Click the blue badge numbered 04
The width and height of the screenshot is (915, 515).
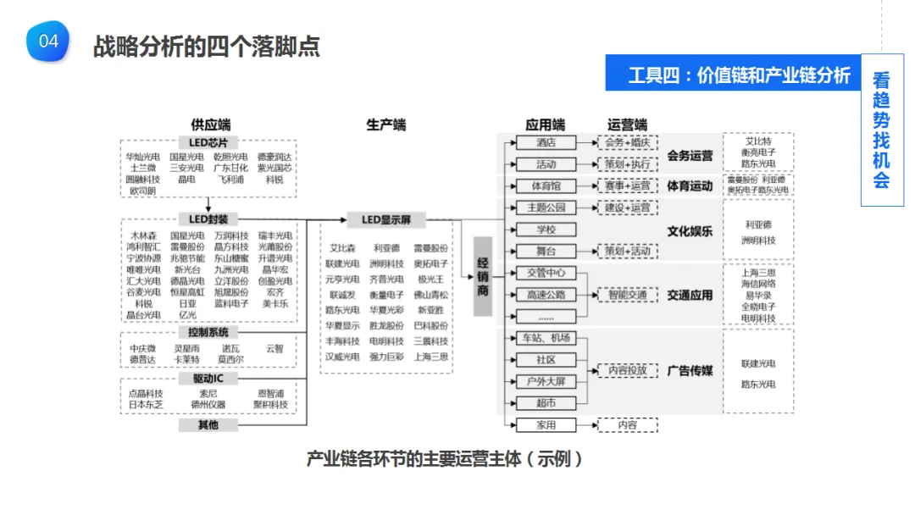(x=48, y=42)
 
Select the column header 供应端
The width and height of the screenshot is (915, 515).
(x=210, y=125)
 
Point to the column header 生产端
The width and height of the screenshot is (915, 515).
(x=385, y=125)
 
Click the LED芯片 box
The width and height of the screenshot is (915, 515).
(x=208, y=142)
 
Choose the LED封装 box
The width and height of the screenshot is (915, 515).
(x=208, y=219)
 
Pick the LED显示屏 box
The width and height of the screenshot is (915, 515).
(x=386, y=220)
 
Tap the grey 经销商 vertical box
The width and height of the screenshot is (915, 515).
(x=483, y=276)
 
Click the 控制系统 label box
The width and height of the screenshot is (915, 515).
(x=208, y=333)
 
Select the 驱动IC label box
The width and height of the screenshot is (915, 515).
(x=208, y=379)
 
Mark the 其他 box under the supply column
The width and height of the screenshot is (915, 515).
(x=208, y=424)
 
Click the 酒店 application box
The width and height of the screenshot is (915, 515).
(x=546, y=142)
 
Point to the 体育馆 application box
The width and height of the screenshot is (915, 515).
(x=546, y=186)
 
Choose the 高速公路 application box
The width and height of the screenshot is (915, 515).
(x=546, y=295)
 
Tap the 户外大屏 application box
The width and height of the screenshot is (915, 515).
(x=546, y=382)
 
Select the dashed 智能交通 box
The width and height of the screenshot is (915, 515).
(x=627, y=295)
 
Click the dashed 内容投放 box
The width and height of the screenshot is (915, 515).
(x=627, y=370)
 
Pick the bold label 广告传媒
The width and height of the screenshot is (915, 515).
(x=690, y=370)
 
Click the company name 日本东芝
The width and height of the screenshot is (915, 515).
(x=145, y=404)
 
